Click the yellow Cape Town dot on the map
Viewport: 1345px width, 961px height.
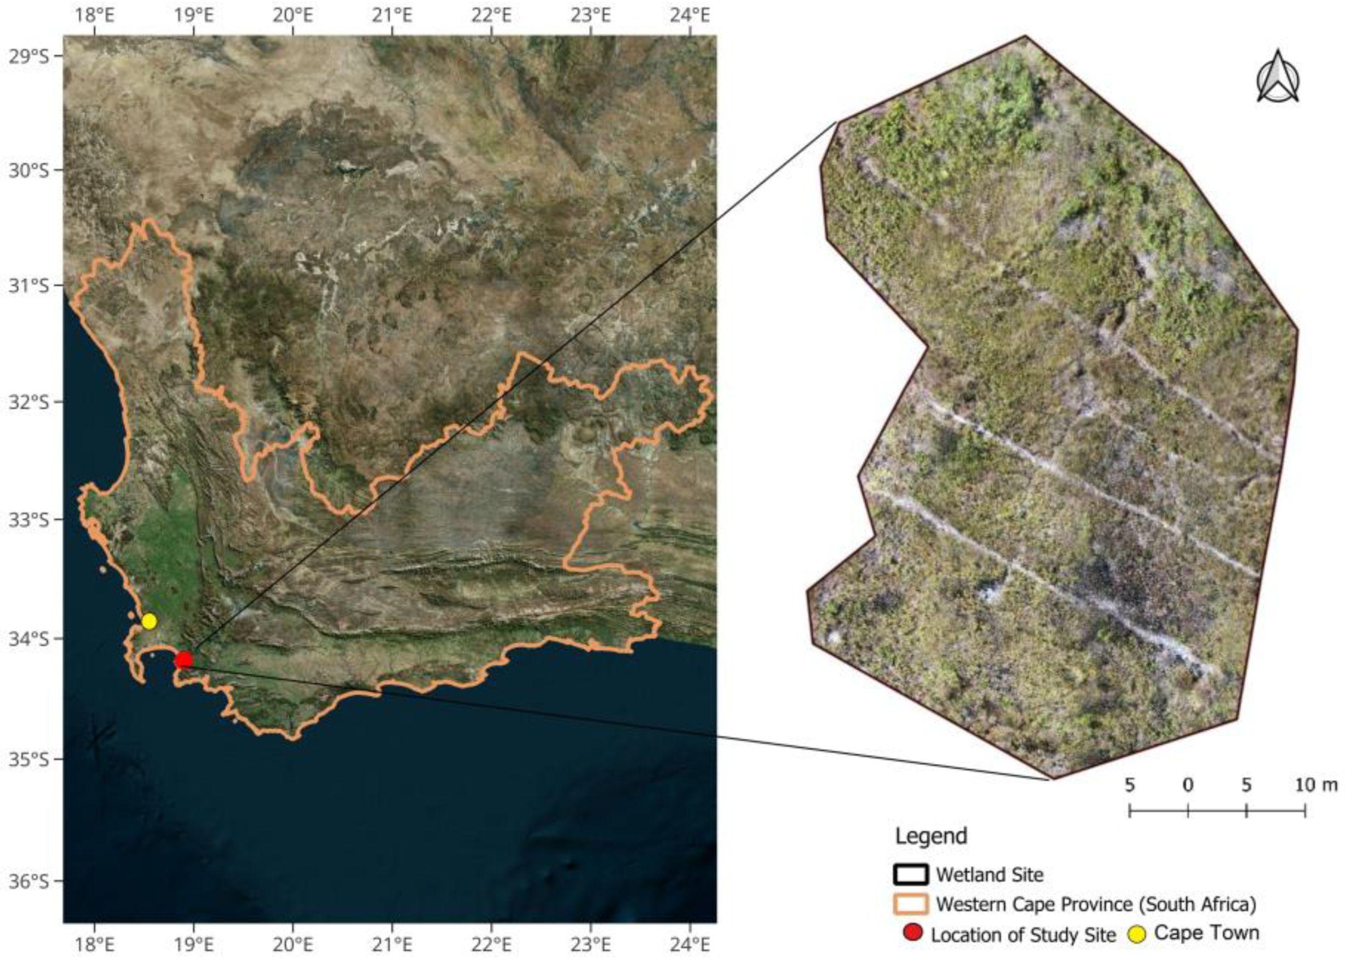[x=149, y=621]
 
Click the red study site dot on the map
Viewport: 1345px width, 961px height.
[x=184, y=660]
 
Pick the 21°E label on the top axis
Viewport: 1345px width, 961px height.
[x=393, y=14]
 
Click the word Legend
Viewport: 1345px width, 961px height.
[x=930, y=836]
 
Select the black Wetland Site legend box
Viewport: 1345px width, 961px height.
[x=910, y=874]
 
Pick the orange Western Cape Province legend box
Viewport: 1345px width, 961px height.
[x=910, y=904]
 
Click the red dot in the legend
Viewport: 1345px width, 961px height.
[x=914, y=934]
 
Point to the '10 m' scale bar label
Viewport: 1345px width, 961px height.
[x=1316, y=785]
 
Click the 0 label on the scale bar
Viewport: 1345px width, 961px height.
[x=1188, y=785]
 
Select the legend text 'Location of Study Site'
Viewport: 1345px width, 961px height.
[x=1022, y=935]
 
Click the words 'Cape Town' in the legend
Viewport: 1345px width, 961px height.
[x=1206, y=933]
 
